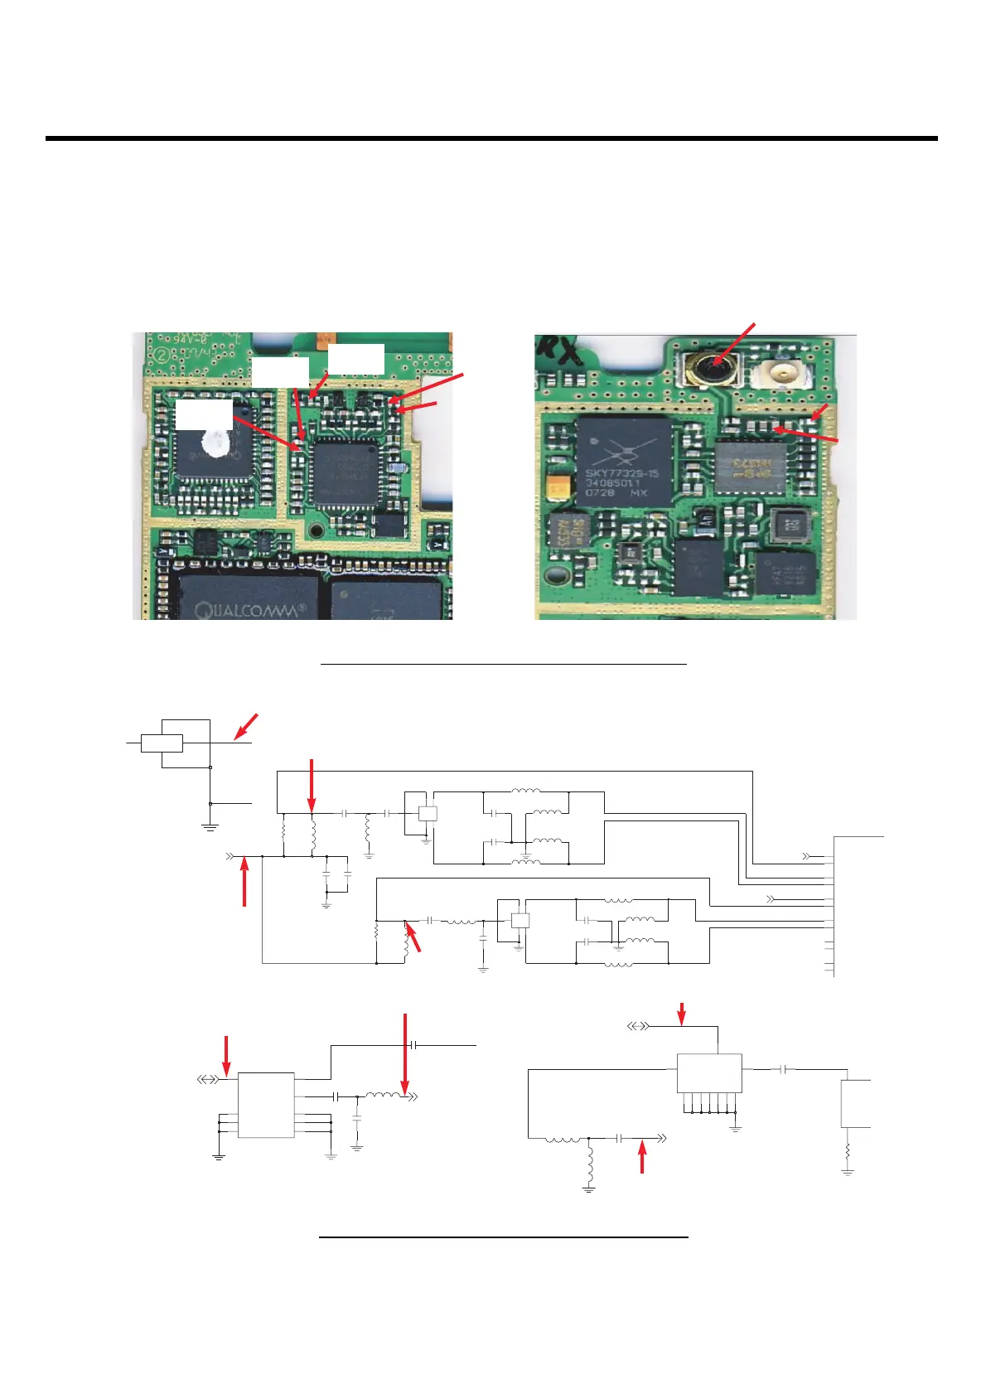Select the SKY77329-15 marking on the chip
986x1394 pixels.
point(622,473)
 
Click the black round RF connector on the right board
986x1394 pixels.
point(710,367)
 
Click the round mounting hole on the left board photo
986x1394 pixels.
point(316,530)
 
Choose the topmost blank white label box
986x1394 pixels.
point(355,359)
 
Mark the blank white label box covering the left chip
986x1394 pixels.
point(203,414)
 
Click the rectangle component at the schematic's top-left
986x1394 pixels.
point(162,743)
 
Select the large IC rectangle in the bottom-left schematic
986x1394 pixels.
point(266,1105)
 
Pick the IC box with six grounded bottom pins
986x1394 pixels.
point(708,1073)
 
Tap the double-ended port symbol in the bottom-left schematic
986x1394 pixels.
point(208,1080)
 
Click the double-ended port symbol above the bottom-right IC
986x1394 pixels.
point(637,1026)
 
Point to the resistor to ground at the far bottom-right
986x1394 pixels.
point(847,1152)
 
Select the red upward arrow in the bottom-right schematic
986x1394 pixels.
point(642,1157)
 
